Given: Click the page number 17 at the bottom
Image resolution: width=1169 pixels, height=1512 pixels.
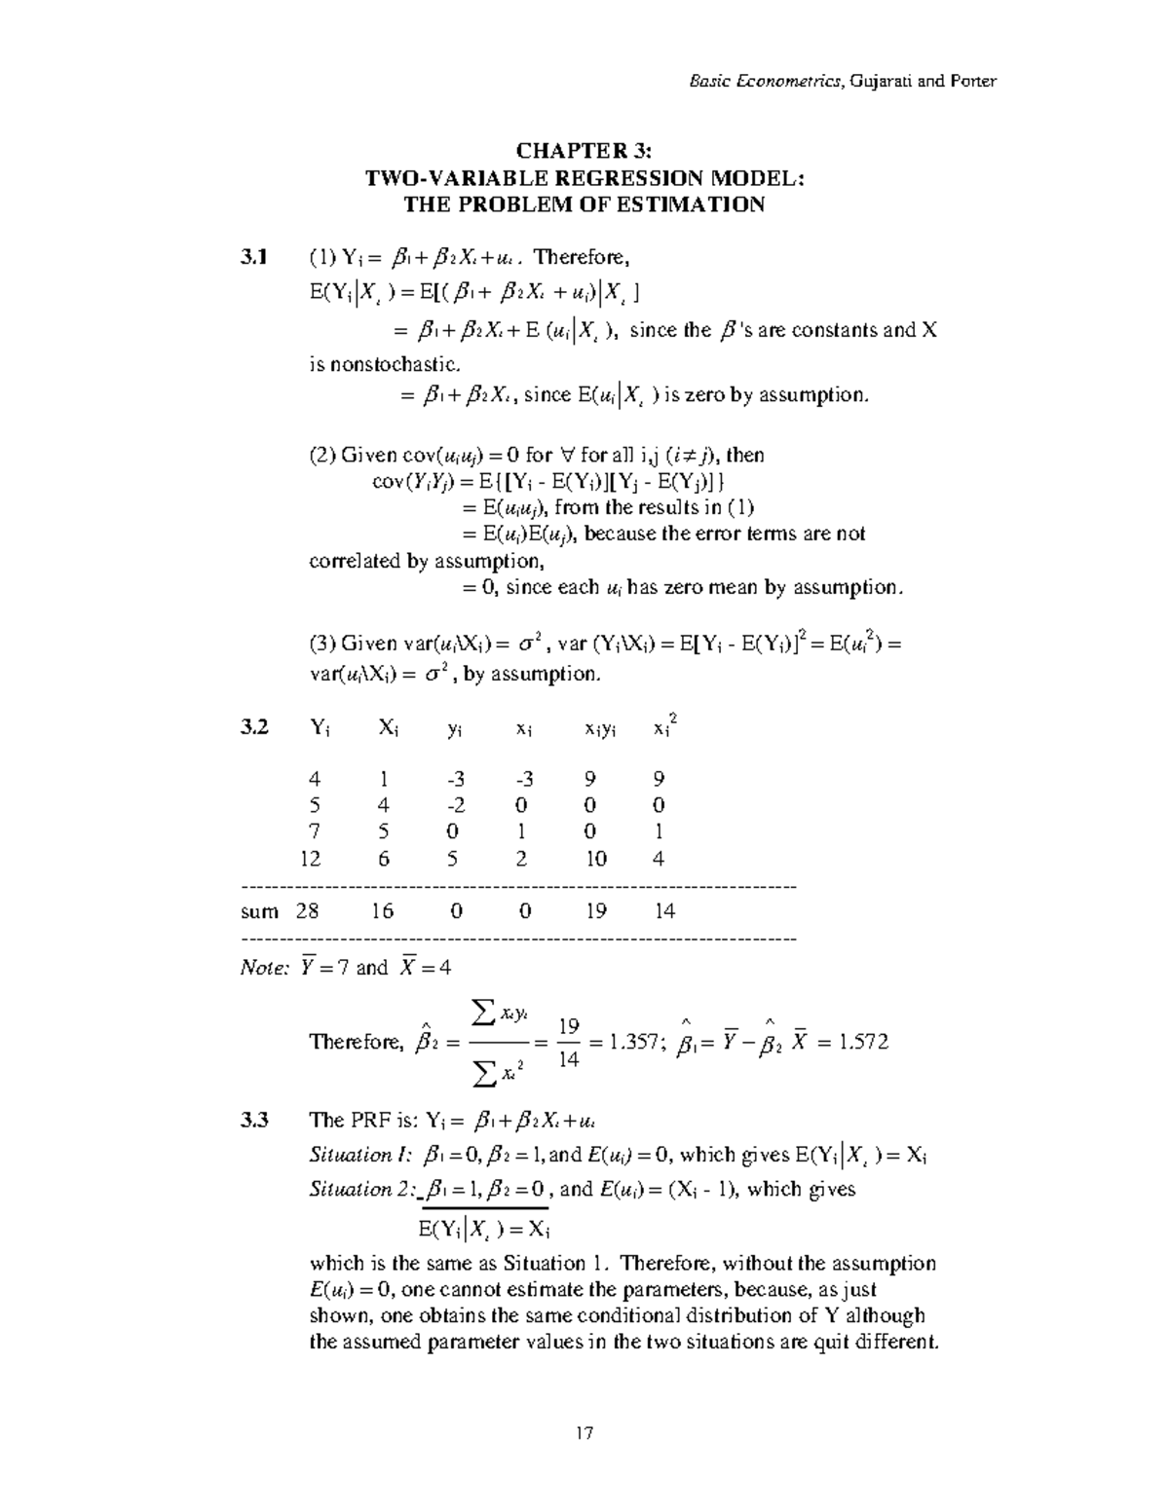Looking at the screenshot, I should point(584,1433).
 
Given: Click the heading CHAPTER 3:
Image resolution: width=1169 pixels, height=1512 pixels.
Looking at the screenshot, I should point(584,151).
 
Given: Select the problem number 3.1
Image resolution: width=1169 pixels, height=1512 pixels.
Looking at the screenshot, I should point(253,258).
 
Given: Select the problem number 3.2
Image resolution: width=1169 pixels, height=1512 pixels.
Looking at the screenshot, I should point(253,727).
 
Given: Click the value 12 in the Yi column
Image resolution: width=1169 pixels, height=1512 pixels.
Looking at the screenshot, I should point(313,859).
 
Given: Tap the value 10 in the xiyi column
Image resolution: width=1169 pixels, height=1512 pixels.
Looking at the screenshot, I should point(596,859).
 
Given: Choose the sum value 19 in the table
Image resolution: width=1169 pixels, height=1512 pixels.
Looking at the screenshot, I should point(596,911).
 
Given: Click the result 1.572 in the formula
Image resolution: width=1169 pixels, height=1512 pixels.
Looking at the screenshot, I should point(861,1043).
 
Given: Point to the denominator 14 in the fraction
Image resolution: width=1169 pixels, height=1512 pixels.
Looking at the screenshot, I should point(569,1059).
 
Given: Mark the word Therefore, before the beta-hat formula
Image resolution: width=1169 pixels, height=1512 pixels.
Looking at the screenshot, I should point(355,1043).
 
